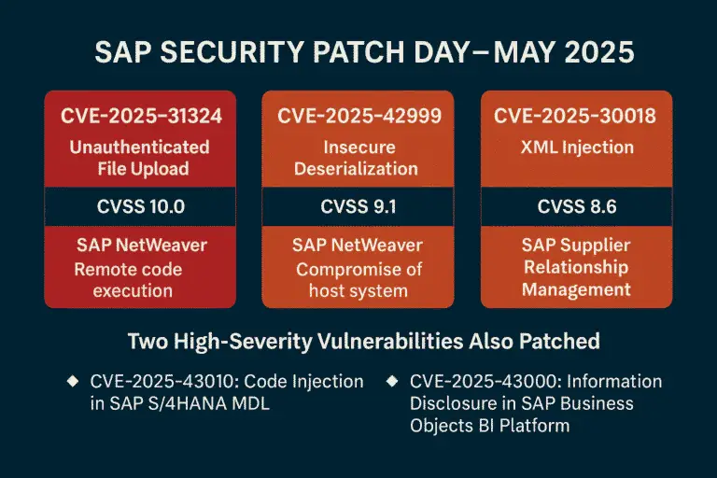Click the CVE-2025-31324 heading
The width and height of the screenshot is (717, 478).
[141, 116]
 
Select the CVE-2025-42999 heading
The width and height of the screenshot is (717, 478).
[359, 116]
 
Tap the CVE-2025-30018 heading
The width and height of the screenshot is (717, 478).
[575, 116]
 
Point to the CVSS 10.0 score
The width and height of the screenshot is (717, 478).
[141, 206]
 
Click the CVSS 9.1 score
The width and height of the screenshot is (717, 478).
[358, 206]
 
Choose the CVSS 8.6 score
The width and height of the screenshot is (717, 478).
[577, 206]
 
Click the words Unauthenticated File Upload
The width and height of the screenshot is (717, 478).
[140, 158]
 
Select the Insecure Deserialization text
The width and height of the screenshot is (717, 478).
[357, 158]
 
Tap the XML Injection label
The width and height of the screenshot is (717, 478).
[577, 148]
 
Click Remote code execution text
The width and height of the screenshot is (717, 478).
[129, 280]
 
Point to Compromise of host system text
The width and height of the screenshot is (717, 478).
[358, 280]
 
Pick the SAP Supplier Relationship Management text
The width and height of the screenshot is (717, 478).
[576, 267]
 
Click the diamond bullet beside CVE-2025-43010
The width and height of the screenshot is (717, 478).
[73, 381]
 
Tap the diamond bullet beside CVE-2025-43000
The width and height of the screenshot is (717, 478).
[392, 381]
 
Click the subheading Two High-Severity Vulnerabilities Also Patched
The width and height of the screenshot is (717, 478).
[364, 342]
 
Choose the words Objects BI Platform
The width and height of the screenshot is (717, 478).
[490, 426]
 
